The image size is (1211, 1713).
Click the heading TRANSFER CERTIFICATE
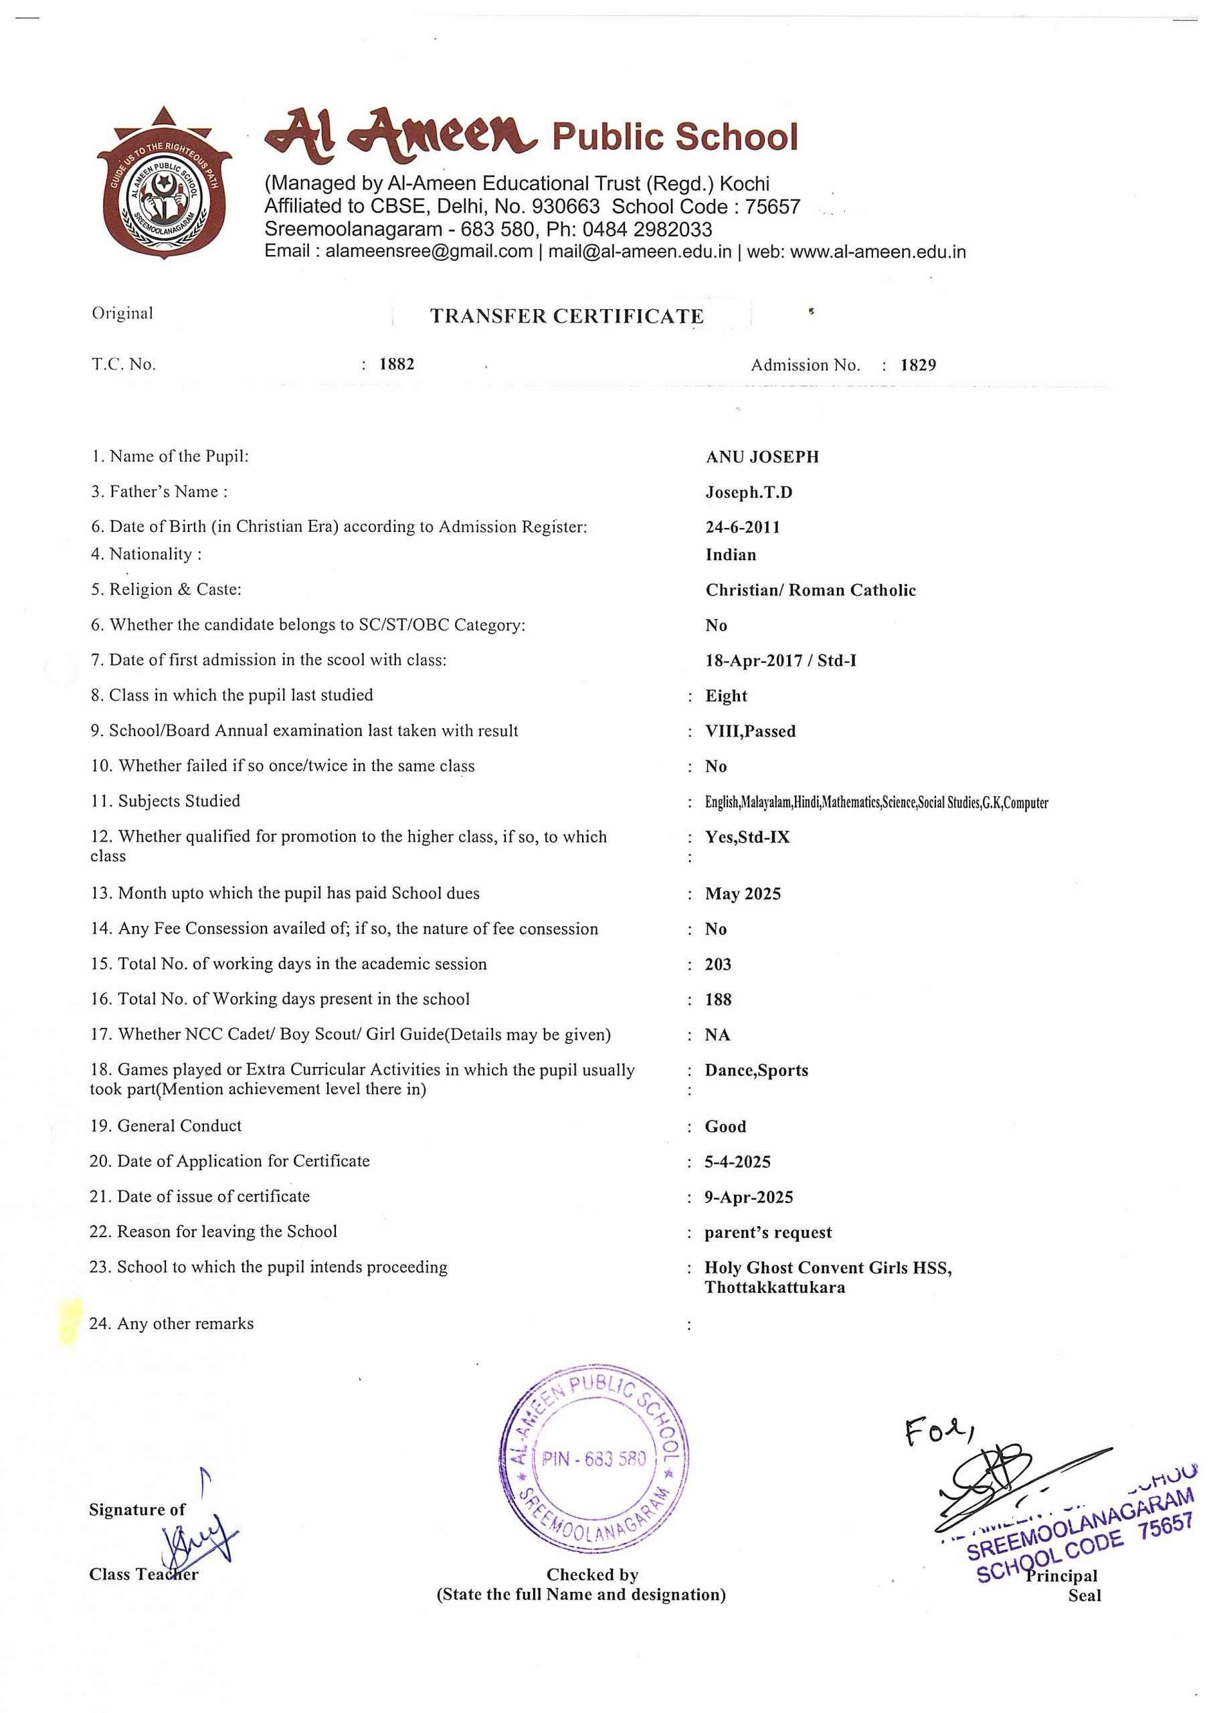(x=566, y=317)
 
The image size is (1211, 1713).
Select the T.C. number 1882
(x=396, y=365)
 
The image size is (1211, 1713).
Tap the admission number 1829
(x=918, y=365)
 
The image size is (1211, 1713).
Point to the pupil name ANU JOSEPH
(x=762, y=457)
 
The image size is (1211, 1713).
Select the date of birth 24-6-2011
(x=743, y=527)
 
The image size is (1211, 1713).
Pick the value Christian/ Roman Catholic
(x=810, y=590)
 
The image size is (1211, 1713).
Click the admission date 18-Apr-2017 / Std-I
(x=781, y=660)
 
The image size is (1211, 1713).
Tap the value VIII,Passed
(x=750, y=731)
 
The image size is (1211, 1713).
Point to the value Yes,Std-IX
(x=747, y=837)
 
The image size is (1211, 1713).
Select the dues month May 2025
(x=743, y=894)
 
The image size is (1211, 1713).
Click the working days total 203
(x=718, y=965)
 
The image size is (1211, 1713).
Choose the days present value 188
(x=718, y=1000)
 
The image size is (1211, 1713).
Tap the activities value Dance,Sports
(x=756, y=1071)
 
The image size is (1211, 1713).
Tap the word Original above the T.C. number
(x=122, y=313)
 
